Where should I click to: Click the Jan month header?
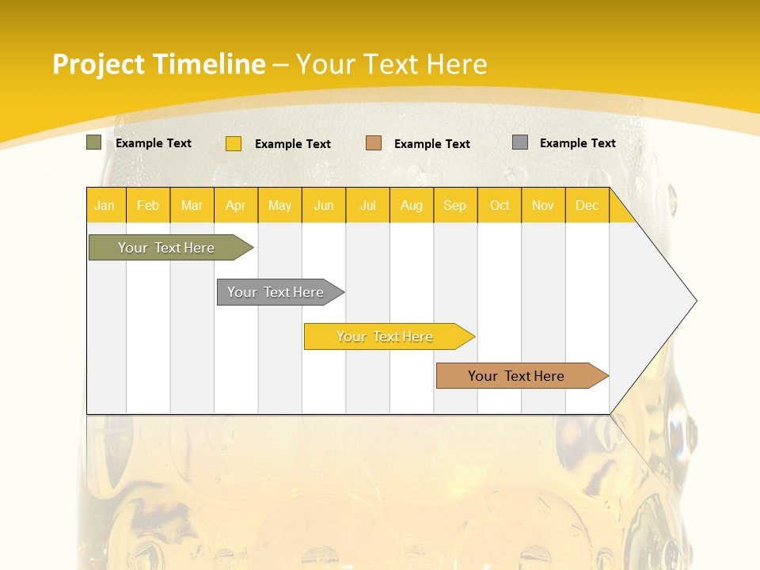104,206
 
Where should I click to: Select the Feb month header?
148,206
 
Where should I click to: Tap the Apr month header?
236,206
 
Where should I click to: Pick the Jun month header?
324,206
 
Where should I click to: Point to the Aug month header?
412,206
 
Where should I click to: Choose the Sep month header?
455,206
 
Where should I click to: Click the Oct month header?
500,206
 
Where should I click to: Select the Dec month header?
587,206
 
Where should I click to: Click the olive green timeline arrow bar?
166,248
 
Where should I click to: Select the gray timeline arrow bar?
275,292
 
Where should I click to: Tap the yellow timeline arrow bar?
385,336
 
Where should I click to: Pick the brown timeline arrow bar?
516,376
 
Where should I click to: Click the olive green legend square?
94,142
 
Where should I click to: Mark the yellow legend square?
234,143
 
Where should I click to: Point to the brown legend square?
374,143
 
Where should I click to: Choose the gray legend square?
520,142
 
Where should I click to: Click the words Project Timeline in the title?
159,64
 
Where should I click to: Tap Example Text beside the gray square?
578,143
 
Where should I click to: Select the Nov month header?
543,206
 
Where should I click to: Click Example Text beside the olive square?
154,143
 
